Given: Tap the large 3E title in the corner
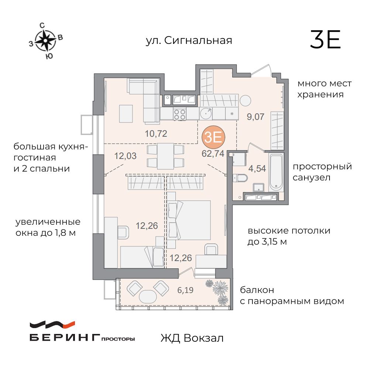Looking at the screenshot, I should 325,40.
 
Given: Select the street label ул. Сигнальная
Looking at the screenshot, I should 189,40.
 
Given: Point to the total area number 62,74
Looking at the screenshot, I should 213,154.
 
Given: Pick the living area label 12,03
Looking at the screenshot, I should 125,156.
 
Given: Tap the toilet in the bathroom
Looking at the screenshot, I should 240,179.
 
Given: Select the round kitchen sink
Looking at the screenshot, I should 206,114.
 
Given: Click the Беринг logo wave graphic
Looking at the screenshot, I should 52,325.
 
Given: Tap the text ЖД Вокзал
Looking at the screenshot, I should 192,338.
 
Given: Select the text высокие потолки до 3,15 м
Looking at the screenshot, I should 289,237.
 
